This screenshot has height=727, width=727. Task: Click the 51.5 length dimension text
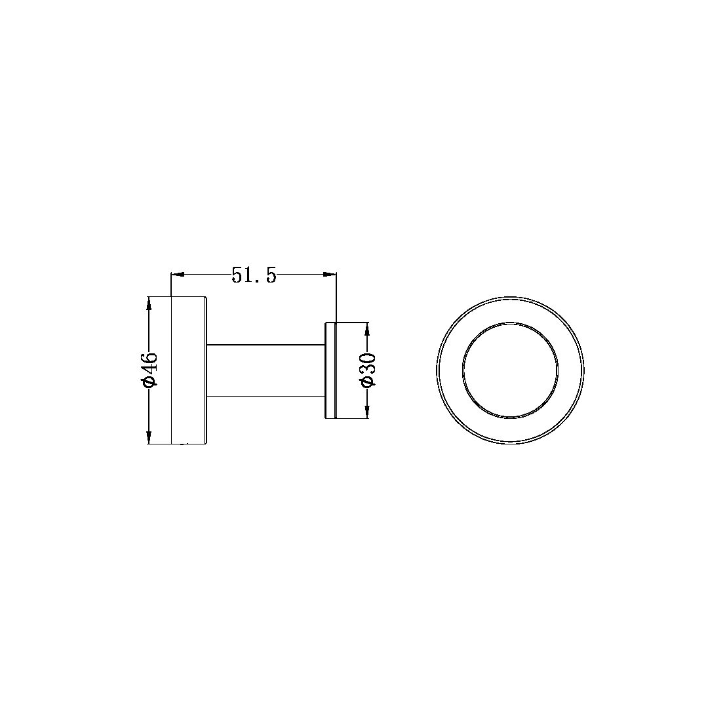(x=254, y=275)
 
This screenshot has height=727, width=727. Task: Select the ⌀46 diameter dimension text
(x=150, y=370)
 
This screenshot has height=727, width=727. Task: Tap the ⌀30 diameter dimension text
(x=367, y=370)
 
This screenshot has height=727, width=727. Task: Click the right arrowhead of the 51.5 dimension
(x=332, y=275)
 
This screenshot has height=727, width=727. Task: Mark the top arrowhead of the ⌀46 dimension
(x=150, y=302)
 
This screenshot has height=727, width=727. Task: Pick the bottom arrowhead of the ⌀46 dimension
(x=150, y=439)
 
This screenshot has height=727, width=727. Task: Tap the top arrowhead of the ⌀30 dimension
(x=366, y=327)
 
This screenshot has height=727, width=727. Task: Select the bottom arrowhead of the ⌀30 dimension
(x=366, y=413)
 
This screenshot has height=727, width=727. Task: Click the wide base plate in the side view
(x=189, y=370)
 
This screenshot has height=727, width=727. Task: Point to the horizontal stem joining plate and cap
(x=265, y=370)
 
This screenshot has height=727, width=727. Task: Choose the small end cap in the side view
(x=332, y=370)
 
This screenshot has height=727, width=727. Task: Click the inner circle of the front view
(x=511, y=370)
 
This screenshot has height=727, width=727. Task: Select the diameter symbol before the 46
(x=150, y=381)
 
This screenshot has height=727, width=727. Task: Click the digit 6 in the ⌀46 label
(x=150, y=358)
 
